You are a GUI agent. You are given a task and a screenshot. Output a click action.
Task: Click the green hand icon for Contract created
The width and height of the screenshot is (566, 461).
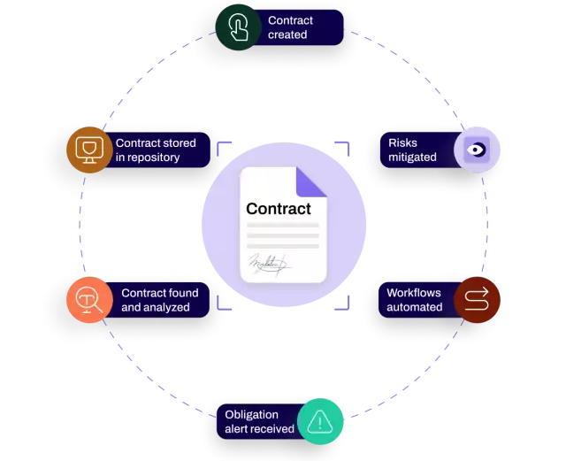point(238,27)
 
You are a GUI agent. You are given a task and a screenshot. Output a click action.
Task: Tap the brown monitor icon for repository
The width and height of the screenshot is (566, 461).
point(89,150)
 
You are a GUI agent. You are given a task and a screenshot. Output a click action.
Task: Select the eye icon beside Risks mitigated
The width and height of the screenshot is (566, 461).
point(478,149)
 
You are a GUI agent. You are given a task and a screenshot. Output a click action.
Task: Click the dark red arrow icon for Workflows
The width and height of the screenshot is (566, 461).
point(477,299)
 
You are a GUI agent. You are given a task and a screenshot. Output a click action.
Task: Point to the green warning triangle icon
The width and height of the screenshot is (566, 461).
point(320,421)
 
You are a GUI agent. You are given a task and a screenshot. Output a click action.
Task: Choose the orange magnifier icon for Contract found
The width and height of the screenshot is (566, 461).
point(89,300)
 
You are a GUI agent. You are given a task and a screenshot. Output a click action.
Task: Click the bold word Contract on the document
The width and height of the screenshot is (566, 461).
point(279,209)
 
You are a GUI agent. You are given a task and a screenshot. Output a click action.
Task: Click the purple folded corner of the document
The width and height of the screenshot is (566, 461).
point(308,181)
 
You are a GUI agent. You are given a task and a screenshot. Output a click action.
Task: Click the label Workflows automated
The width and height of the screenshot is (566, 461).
point(414,300)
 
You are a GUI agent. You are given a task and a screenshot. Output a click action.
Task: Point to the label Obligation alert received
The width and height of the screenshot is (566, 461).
point(259,421)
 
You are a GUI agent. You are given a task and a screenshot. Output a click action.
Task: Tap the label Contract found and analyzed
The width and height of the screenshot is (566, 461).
point(159,300)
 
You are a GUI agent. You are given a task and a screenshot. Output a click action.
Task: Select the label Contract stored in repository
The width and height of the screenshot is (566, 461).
point(156,150)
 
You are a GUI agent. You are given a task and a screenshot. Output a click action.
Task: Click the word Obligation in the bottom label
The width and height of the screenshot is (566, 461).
point(252,414)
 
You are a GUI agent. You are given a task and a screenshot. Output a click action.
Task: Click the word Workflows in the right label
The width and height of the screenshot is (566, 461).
point(414,293)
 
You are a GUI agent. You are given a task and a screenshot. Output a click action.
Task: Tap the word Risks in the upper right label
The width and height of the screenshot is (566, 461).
point(403,142)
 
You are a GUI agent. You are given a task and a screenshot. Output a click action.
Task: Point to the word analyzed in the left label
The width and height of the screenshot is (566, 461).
point(168,308)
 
